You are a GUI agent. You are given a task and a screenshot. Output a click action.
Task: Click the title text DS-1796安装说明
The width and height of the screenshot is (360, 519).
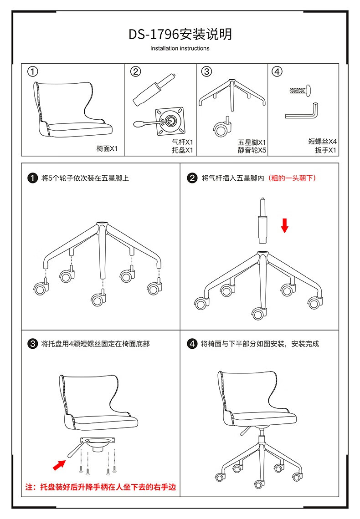point(180,34)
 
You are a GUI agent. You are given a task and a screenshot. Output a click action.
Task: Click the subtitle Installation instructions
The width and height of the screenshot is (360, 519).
point(180,48)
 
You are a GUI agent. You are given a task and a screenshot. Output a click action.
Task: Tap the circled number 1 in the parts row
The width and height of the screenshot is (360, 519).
point(32,71)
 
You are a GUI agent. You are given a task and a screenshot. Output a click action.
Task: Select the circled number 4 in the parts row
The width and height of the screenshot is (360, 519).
point(277,71)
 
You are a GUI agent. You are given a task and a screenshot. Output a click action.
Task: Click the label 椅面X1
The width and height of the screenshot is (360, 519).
point(107,148)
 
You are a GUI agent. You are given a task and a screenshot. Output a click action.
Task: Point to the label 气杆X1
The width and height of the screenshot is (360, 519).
point(182,142)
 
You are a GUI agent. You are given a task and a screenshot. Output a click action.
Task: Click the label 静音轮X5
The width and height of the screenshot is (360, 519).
point(252,150)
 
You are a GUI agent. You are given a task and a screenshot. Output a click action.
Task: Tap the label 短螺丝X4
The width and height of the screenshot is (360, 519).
point(323,141)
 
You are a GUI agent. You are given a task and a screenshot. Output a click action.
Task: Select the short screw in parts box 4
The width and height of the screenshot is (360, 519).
point(300,90)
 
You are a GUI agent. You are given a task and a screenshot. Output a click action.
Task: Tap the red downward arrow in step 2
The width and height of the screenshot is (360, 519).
point(284,225)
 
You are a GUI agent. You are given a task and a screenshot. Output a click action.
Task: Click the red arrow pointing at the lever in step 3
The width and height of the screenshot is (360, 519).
point(59,465)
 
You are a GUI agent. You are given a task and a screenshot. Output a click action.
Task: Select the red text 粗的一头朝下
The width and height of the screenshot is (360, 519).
point(292,178)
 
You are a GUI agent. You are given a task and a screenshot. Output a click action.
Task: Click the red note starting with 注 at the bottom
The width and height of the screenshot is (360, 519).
point(101,487)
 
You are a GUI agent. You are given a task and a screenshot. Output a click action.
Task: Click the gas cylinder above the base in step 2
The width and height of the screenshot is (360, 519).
point(262,221)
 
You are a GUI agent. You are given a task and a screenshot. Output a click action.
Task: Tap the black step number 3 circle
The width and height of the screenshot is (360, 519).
point(32,344)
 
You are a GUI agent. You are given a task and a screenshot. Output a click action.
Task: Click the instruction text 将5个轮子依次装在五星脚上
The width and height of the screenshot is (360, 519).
point(85,178)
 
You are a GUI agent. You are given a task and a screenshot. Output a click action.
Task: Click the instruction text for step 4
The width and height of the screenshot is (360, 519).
point(260,344)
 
